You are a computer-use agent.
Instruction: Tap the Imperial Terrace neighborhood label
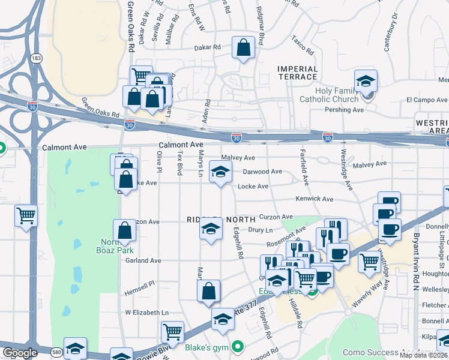pos(297,73)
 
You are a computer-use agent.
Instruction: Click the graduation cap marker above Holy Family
pos(366,81)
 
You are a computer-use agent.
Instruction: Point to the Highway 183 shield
pos(37,58)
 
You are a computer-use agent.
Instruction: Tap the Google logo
pos(19,353)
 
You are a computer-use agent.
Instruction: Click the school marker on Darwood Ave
pos(220,172)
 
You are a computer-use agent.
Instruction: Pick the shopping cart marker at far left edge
pos(26,215)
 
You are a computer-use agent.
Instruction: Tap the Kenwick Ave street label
pos(314,199)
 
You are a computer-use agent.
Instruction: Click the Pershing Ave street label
pos(345,110)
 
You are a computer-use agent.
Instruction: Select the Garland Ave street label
pos(143,261)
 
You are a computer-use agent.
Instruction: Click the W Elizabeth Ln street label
pos(146,313)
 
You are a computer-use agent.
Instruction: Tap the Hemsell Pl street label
pos(139,283)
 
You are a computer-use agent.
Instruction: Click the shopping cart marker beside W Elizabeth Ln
pos(172,332)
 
